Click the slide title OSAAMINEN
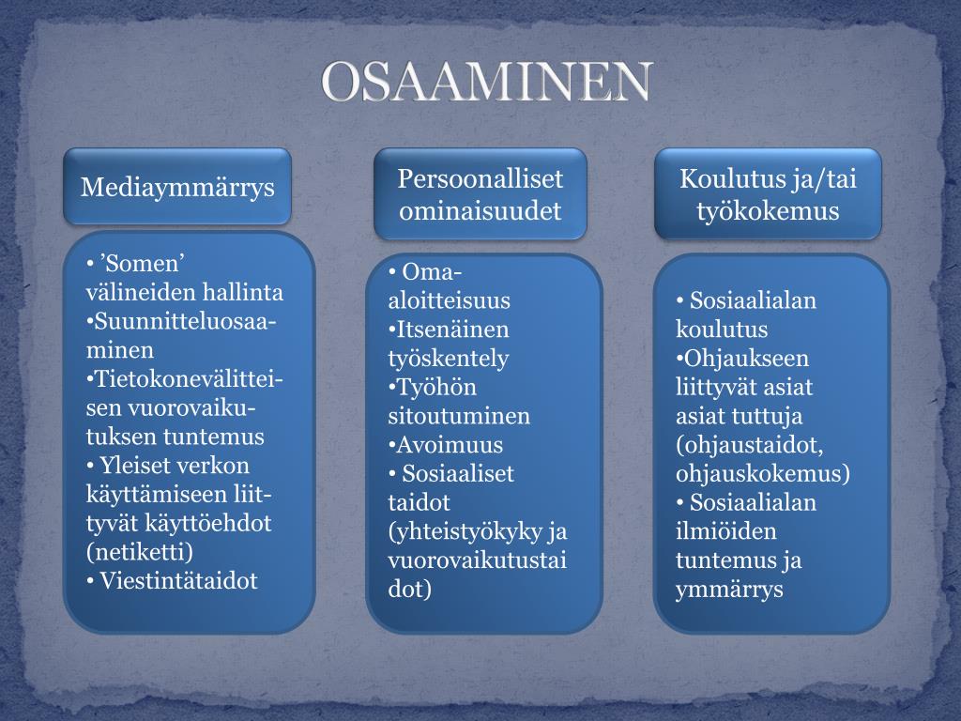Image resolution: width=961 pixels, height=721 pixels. [x=487, y=82]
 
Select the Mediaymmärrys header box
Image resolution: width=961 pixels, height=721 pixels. [x=177, y=186]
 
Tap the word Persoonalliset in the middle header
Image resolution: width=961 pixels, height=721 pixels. [x=480, y=178]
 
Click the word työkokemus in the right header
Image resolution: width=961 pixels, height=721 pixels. [x=768, y=211]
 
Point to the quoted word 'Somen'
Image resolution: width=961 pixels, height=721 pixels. [x=142, y=263]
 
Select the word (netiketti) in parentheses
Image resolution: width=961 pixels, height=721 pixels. [x=140, y=552]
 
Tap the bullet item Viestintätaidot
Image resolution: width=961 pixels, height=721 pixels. [x=172, y=580]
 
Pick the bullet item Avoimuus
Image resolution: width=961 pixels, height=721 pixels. [x=446, y=444]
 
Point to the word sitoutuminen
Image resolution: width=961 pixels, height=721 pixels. [x=459, y=416]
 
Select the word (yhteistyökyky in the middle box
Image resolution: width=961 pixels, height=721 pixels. [x=465, y=531]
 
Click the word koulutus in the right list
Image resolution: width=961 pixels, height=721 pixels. [x=722, y=330]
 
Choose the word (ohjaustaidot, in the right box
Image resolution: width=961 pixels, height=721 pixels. [x=749, y=444]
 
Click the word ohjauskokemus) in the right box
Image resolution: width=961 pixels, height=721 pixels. [x=762, y=473]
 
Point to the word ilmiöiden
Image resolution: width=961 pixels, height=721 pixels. [x=725, y=531]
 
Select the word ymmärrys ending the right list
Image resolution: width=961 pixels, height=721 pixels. [x=729, y=590]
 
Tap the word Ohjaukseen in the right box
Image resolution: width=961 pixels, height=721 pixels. [x=742, y=358]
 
